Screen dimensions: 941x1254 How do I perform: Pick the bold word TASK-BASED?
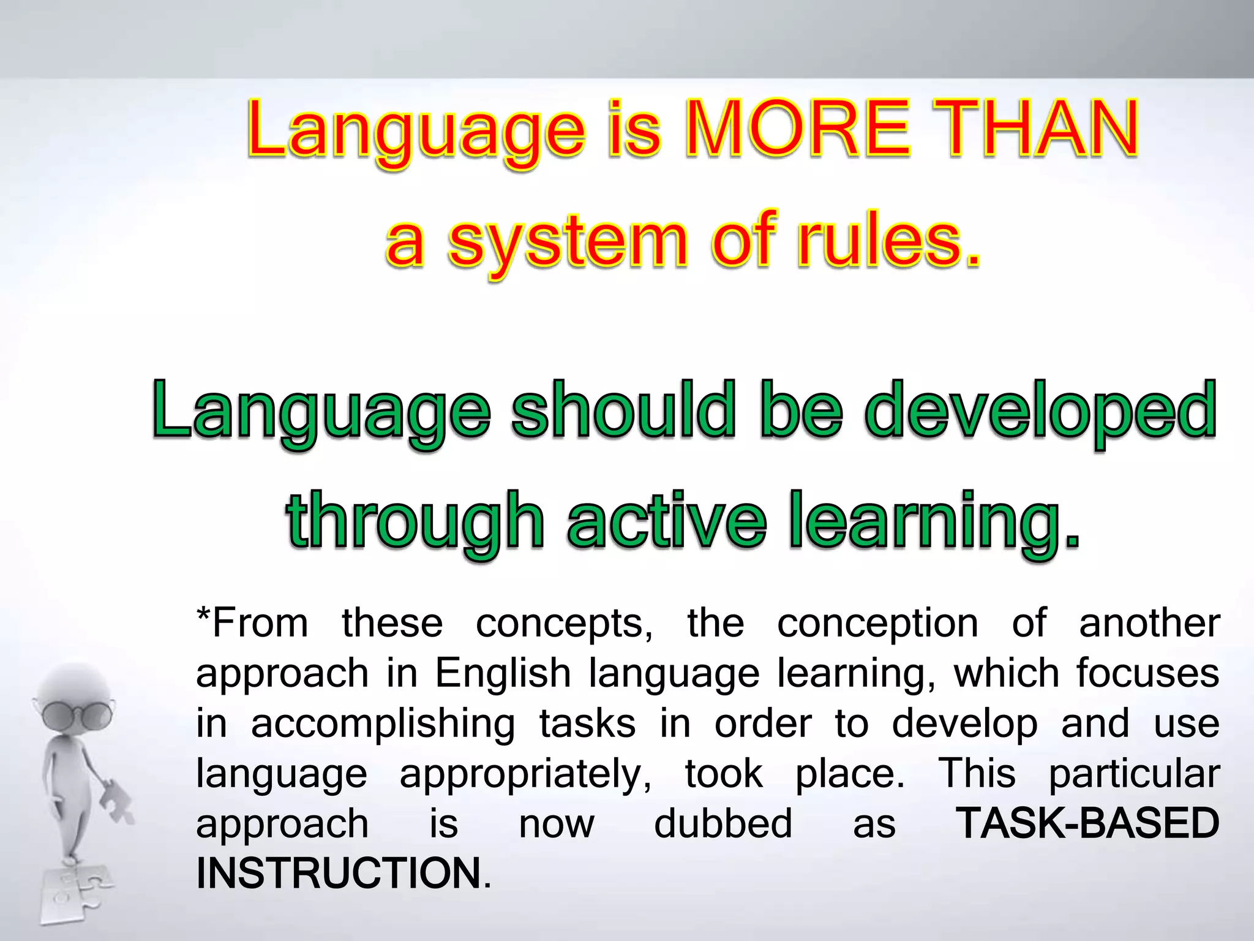(x=1087, y=823)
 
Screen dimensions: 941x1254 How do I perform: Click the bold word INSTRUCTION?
(x=339, y=873)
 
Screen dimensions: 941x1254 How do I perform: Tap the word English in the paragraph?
(x=503, y=673)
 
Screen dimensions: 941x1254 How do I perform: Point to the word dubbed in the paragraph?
(x=723, y=823)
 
